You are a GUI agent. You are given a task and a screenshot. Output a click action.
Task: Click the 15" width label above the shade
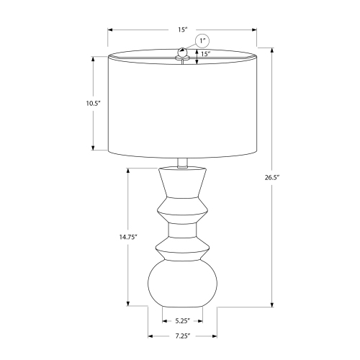[183, 30]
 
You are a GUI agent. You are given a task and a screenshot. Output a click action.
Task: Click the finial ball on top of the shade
[183, 52]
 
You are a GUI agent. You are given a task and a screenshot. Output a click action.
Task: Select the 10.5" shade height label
[91, 103]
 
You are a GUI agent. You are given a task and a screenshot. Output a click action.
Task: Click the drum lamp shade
[183, 104]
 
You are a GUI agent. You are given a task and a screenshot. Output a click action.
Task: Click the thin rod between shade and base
[183, 162]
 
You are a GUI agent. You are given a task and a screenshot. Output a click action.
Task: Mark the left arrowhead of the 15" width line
[110, 30]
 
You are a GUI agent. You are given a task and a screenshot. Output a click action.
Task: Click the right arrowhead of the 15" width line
[256, 30]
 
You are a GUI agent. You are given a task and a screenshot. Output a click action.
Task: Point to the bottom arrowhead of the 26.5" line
[272, 305]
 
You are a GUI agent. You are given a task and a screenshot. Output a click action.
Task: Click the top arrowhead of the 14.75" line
[127, 171]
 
